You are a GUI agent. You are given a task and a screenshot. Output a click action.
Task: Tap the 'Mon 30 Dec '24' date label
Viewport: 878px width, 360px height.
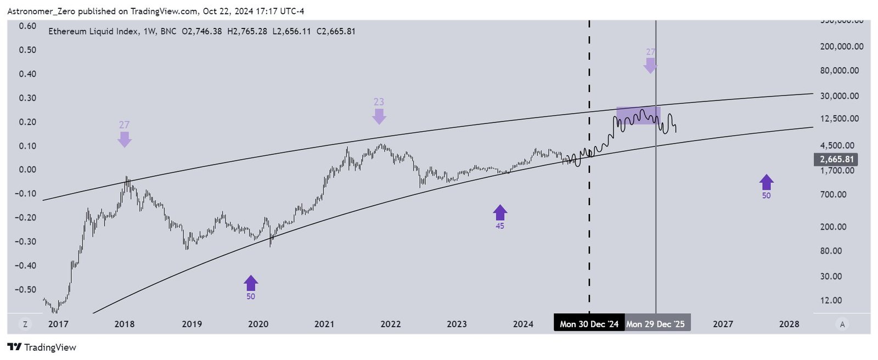pos(589,324)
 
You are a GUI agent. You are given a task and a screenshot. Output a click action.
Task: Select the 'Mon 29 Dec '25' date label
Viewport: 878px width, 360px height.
pos(656,324)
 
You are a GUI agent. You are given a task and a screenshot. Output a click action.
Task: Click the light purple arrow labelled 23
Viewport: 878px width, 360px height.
pos(379,115)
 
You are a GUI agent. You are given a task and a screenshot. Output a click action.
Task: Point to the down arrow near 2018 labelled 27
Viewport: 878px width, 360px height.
pos(125,138)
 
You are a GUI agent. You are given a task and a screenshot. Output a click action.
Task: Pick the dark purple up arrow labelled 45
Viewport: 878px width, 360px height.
pos(499,212)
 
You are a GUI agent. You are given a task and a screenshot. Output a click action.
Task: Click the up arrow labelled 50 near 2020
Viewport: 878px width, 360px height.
pos(251,283)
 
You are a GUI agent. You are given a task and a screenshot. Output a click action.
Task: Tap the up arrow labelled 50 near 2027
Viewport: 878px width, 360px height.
pos(766,182)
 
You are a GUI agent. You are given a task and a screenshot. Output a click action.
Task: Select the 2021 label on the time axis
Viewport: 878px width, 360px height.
pos(324,324)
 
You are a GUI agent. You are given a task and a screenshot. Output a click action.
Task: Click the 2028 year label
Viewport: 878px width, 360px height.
pos(789,324)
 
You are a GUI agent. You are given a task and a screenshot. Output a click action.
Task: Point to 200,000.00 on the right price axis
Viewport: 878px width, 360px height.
pos(841,47)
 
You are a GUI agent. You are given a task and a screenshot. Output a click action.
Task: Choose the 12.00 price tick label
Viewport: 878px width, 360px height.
pos(831,300)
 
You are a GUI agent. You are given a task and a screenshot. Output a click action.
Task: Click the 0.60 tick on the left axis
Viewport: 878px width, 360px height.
pos(27,26)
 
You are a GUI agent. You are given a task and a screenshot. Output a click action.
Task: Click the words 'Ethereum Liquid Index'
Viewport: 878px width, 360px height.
pos(93,31)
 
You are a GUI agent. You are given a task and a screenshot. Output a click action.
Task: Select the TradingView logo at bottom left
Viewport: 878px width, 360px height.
pos(42,347)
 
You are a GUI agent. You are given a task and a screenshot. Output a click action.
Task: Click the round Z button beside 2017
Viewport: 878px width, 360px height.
pos(25,324)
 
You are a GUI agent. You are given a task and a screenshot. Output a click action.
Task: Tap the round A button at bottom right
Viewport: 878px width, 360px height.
pos(842,324)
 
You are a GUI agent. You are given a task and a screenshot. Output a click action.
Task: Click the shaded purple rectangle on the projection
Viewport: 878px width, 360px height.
pos(638,115)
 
